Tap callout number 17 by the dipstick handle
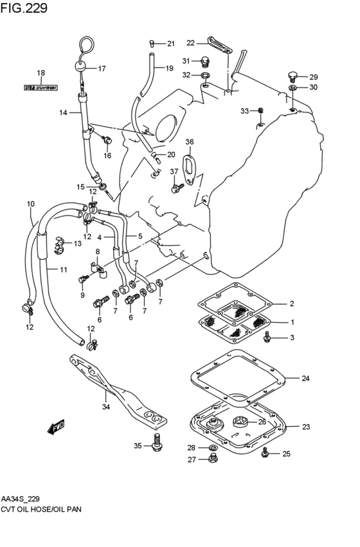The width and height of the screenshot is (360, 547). tap(102, 68)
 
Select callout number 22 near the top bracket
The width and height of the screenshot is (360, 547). tap(190, 43)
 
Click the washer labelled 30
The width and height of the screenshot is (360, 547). tap(292, 87)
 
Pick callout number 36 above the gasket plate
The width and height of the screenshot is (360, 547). tap(189, 141)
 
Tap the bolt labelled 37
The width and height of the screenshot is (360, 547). tap(176, 188)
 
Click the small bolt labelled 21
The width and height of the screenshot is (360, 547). tap(152, 43)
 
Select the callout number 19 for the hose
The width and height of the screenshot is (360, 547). tap(169, 68)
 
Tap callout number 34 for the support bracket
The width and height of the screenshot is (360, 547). tap(105, 406)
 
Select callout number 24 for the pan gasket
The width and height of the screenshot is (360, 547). tap(305, 379)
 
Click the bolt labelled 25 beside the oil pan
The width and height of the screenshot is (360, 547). tap(265, 454)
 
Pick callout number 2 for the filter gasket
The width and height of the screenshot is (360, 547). tap(291, 303)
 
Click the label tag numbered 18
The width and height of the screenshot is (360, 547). tap(40, 85)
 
